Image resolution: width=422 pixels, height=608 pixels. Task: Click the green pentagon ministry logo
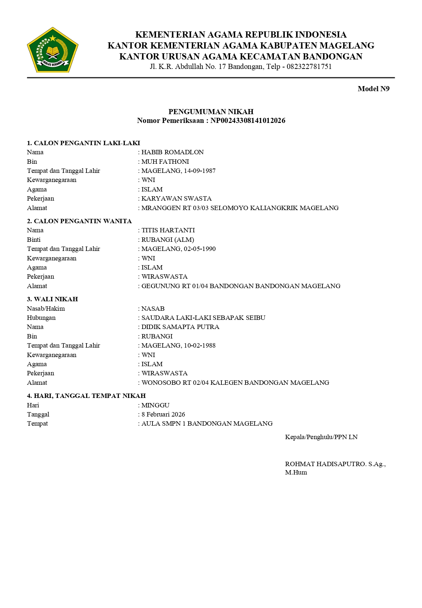[53, 50]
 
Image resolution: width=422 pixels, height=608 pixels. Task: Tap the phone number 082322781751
[309, 66]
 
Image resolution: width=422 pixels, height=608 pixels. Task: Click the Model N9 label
[373, 89]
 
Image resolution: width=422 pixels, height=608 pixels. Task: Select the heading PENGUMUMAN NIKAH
[211, 112]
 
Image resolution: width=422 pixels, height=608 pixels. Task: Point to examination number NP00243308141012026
[248, 120]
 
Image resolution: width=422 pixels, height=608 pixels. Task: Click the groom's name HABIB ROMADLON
[173, 152]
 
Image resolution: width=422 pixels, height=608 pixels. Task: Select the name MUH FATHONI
[165, 162]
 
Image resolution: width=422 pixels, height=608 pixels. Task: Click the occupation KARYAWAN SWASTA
[177, 198]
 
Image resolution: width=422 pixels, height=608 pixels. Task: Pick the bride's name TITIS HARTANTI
[168, 230]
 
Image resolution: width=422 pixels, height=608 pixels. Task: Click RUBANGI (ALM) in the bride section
[168, 240]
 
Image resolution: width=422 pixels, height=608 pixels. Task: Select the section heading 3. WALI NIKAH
[53, 299]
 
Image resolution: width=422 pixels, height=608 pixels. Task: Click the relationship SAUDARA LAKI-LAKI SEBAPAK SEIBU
[203, 318]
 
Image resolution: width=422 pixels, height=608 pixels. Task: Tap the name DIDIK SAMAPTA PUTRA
[180, 327]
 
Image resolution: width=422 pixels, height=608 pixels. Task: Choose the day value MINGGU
[155, 405]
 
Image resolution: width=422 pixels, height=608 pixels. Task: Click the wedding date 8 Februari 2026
[163, 414]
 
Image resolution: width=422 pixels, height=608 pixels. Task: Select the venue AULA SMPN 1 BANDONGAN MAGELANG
[207, 423]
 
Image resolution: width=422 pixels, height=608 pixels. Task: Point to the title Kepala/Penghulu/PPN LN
[321, 437]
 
